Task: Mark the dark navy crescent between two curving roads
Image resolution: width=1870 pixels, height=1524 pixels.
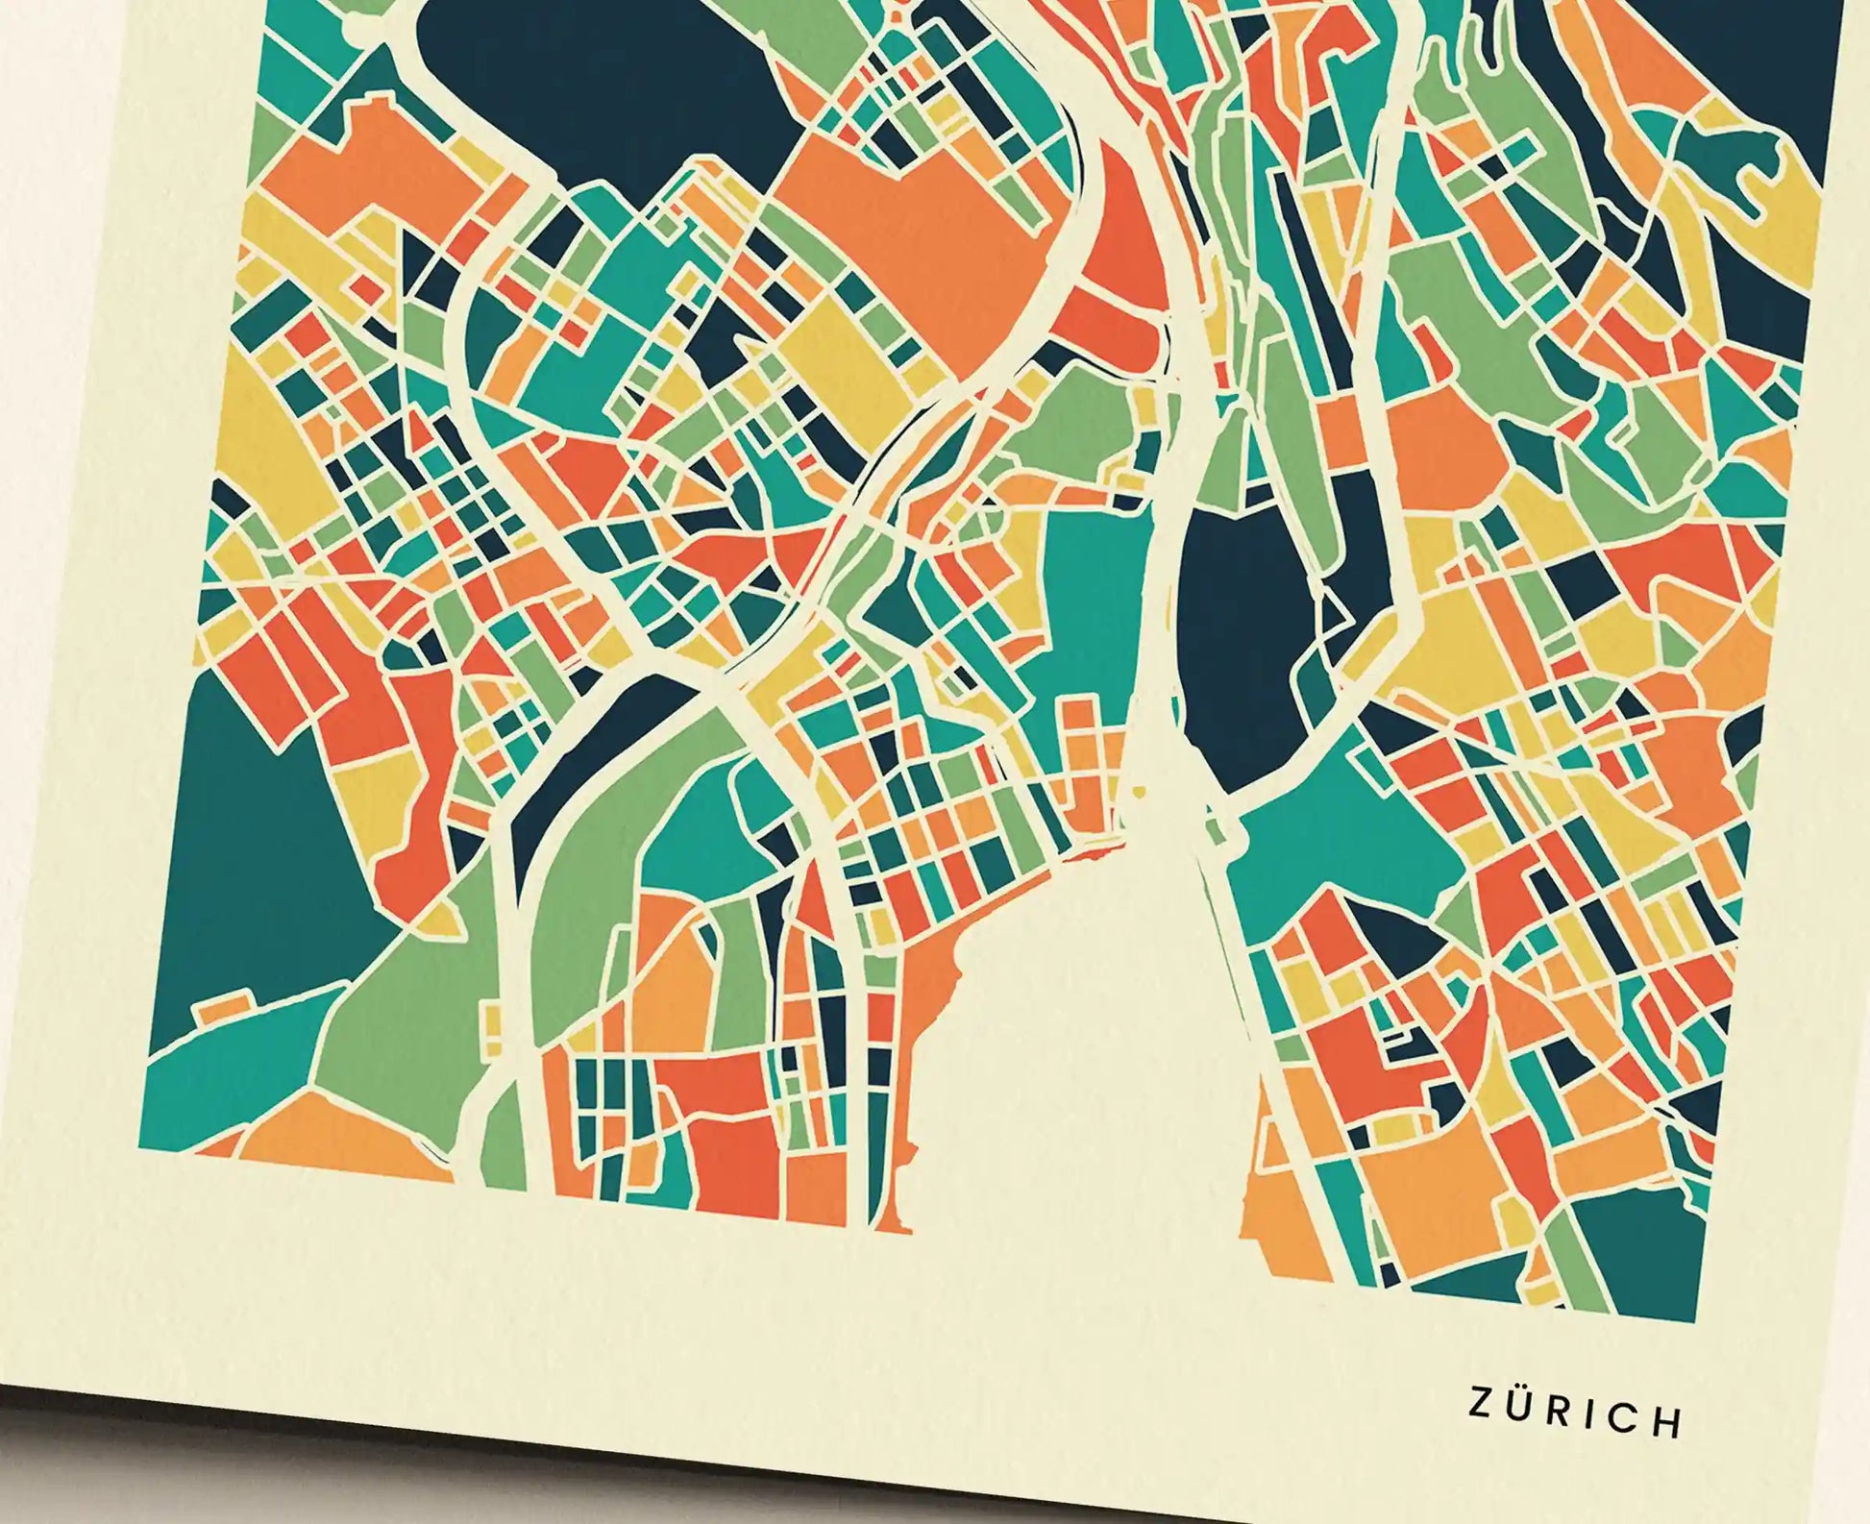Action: [596, 759]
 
